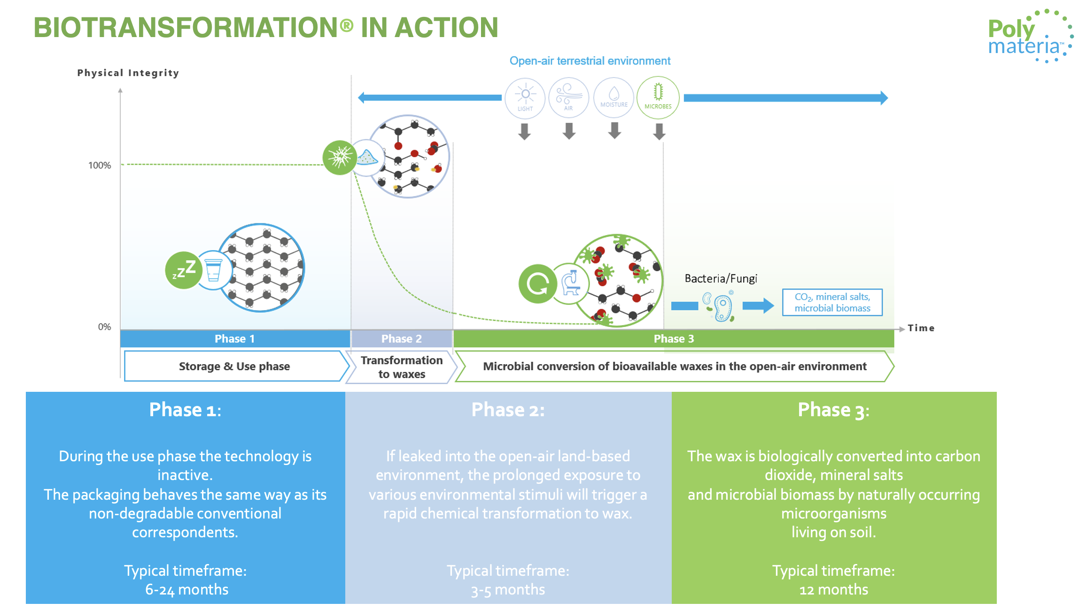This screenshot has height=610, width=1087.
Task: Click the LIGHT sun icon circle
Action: tap(525, 98)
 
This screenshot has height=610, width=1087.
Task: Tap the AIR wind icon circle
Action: tap(568, 98)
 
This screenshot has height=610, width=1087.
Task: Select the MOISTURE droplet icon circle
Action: tap(613, 98)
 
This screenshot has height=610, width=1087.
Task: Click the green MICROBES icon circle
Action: tap(658, 98)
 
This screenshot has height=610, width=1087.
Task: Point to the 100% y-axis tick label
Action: tap(100, 165)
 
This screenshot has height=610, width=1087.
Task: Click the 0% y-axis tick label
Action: tap(104, 327)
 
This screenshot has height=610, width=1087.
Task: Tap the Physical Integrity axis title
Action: tap(128, 73)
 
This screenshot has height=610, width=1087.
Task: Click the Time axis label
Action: tap(921, 328)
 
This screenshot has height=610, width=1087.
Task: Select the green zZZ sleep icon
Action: tap(184, 270)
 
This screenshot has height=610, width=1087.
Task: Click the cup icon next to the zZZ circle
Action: tap(214, 270)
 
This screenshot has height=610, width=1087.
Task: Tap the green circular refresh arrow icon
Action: tap(537, 283)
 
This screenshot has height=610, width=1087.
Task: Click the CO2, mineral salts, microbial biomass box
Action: tap(832, 303)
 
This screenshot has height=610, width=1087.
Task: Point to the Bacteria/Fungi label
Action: tap(721, 279)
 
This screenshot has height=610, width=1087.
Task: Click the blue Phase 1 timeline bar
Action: tap(235, 339)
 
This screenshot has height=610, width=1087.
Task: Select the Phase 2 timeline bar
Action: tap(402, 339)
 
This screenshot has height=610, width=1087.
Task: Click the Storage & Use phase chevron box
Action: tap(234, 366)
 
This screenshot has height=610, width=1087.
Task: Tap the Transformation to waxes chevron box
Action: tap(402, 367)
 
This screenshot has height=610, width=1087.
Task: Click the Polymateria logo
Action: tap(1029, 37)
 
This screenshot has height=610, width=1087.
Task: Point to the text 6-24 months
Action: tap(186, 589)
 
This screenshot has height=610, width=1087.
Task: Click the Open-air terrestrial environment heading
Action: tap(590, 61)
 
